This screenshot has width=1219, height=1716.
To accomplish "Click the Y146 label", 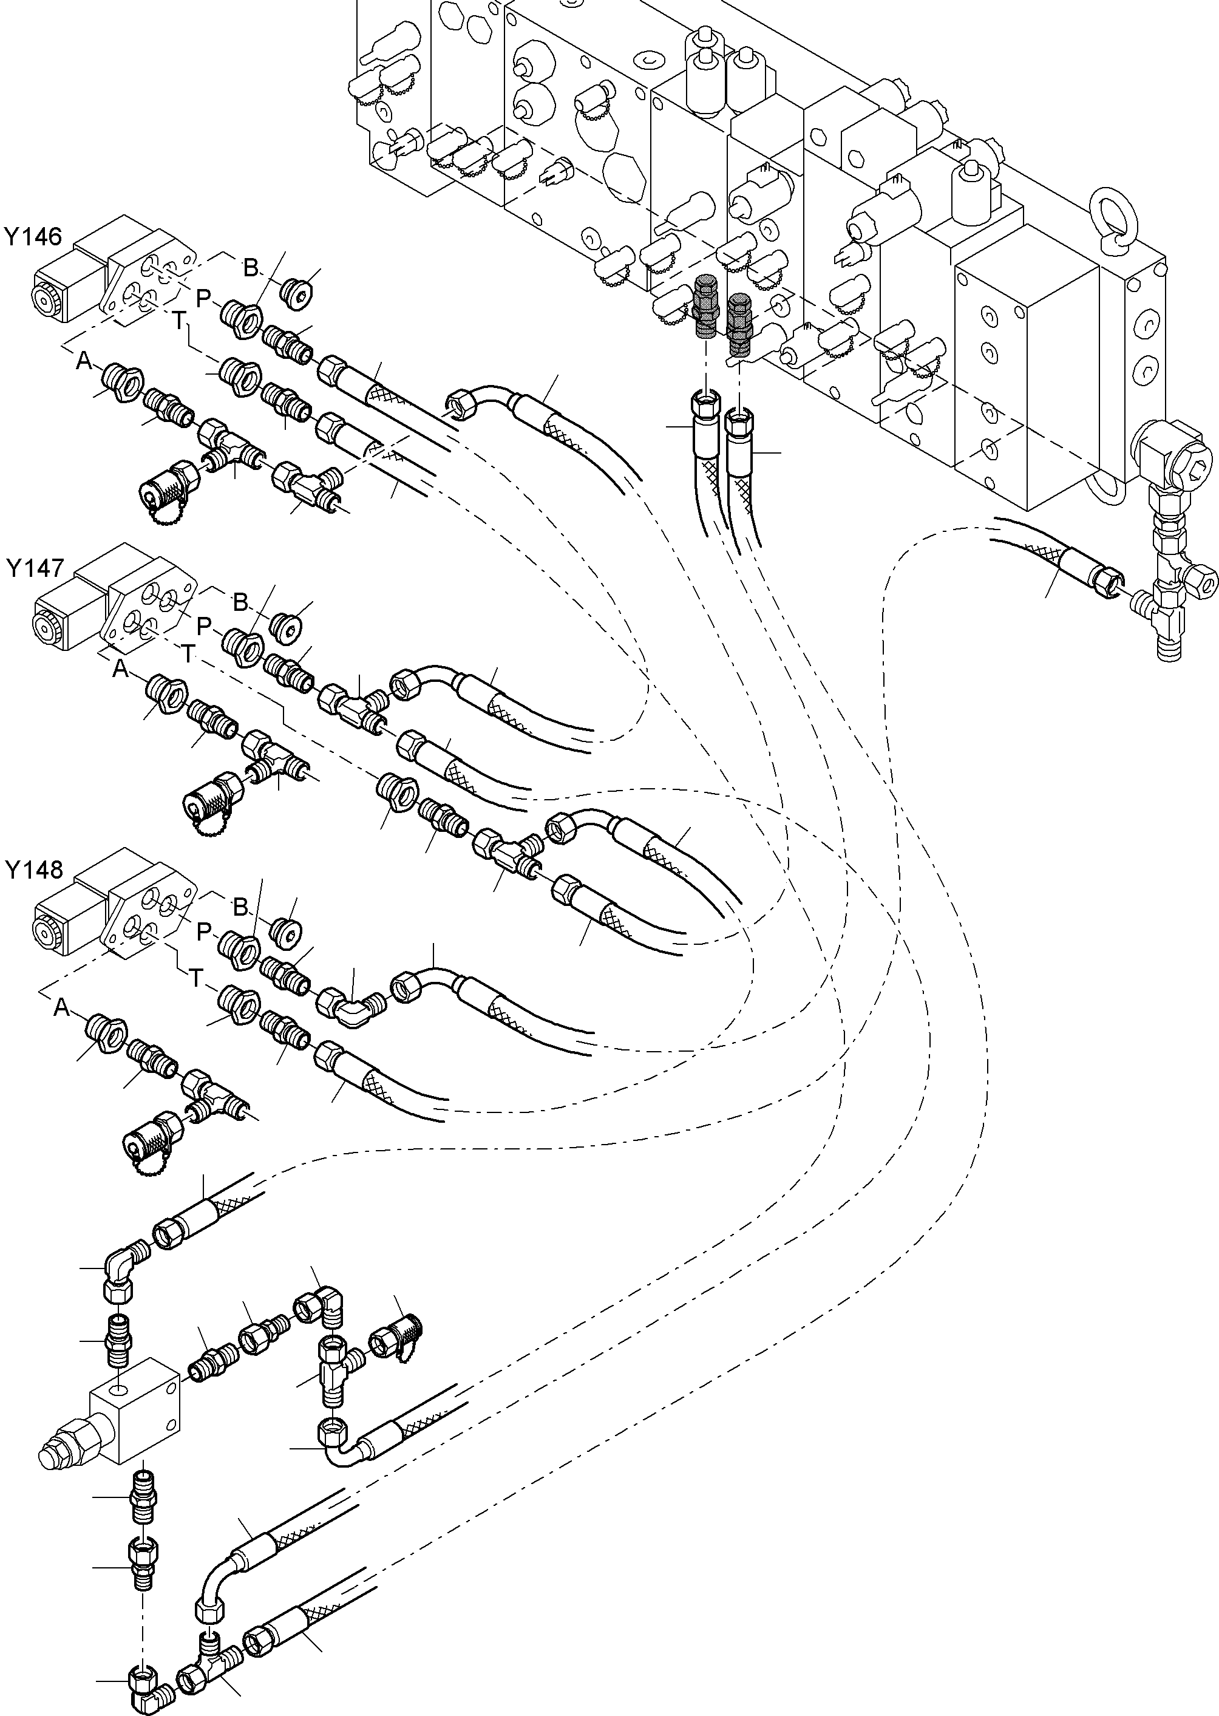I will (32, 237).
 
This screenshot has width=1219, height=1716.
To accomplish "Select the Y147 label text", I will (35, 568).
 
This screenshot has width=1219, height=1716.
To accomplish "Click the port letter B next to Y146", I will (250, 267).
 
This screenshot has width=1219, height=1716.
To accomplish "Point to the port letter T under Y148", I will (195, 978).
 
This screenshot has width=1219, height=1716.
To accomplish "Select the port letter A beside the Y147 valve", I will (120, 669).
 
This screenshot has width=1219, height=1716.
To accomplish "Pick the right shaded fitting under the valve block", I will (739, 323).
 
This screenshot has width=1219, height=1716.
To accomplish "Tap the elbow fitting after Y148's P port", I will (353, 1006).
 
